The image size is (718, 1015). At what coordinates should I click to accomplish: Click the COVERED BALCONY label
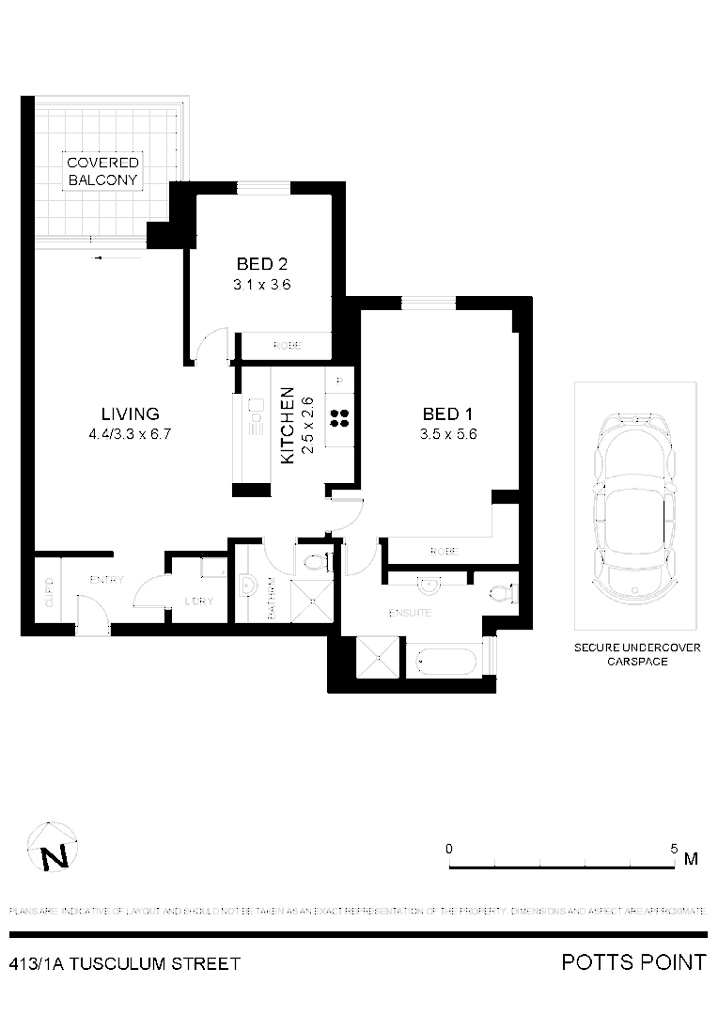point(103,171)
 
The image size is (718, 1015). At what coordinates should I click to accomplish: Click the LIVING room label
point(131,414)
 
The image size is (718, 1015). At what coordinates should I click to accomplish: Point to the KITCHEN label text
point(289,425)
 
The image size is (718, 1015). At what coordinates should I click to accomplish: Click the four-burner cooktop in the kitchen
point(339,418)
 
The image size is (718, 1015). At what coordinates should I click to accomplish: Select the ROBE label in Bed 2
point(287,346)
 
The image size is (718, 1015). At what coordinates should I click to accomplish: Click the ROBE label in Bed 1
point(444,552)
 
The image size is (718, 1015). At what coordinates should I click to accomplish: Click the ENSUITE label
point(410,613)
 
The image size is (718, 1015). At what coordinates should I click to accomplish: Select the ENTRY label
point(106,580)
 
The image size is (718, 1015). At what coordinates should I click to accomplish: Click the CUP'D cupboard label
point(49,594)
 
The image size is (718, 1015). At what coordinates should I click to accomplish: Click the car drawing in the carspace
point(635,507)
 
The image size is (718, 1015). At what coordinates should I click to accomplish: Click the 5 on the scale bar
point(674,848)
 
